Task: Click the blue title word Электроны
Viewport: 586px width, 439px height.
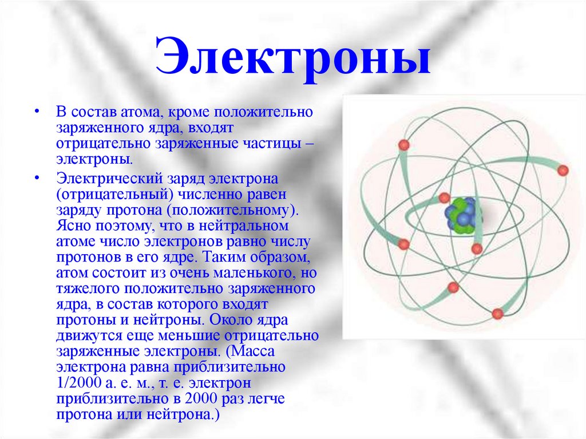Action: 293,56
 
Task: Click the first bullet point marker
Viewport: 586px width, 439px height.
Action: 37,112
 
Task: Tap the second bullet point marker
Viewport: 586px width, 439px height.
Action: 37,178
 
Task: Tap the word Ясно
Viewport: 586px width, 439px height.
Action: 74,226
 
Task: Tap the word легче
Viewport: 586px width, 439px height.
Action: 264,399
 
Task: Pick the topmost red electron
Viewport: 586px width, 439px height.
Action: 403,145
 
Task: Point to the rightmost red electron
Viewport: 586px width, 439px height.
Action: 563,171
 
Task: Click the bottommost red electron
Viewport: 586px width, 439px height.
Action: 497,313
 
